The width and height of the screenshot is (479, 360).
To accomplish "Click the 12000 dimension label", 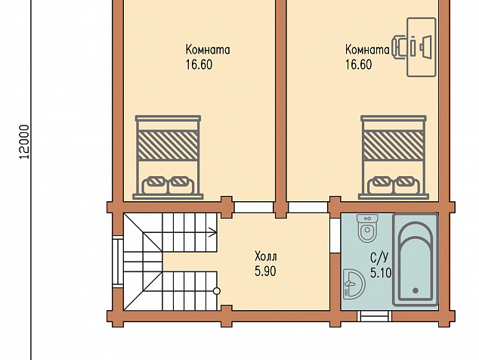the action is pyautogui.click(x=24, y=142).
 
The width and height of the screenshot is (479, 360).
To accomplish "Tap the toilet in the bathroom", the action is pyautogui.click(x=367, y=228).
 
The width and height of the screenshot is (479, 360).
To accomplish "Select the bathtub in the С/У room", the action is pyautogui.click(x=416, y=259).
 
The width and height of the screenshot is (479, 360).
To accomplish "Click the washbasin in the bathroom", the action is pyautogui.click(x=354, y=284).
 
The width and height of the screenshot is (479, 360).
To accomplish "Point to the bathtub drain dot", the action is pyautogui.click(x=416, y=290).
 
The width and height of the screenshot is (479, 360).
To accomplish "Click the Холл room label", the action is pyautogui.click(x=266, y=256).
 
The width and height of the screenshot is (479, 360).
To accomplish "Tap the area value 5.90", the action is pyautogui.click(x=265, y=272).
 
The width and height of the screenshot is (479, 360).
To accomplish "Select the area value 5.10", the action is pyautogui.click(x=381, y=272).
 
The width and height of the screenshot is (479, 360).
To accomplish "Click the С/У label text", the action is pyautogui.click(x=380, y=258).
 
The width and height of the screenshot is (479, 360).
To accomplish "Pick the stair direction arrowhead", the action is pyautogui.click(x=213, y=232).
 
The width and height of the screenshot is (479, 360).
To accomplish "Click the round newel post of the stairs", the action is pyautogui.click(x=217, y=291).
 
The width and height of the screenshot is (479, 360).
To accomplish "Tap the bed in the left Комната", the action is pyautogui.click(x=168, y=157).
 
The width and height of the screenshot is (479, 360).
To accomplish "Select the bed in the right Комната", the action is pyautogui.click(x=394, y=157).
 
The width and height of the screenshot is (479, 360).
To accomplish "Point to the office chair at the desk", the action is pyautogui.click(x=399, y=47).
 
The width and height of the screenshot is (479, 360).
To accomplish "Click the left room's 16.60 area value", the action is pyautogui.click(x=199, y=65).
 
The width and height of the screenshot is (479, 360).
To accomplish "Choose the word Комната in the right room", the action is pyautogui.click(x=367, y=50).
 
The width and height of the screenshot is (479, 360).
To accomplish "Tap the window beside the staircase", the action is pyautogui.click(x=118, y=261).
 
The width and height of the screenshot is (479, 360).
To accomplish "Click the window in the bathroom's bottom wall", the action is pyautogui.click(x=374, y=316).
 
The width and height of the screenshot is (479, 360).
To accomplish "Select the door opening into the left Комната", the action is pyautogui.click(x=254, y=207).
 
